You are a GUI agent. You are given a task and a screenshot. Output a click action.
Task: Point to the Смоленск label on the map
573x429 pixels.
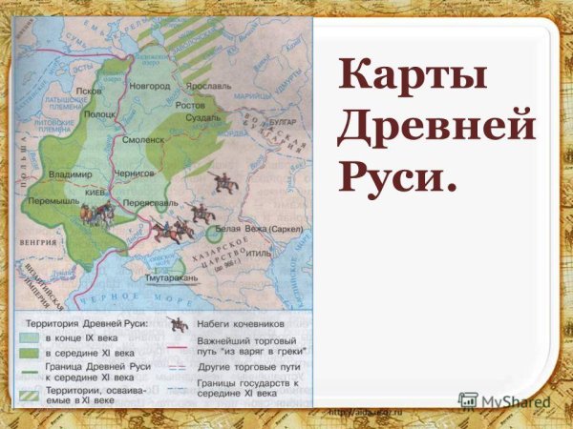[143, 139]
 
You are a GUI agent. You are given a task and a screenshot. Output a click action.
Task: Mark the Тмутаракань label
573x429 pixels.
[172, 277]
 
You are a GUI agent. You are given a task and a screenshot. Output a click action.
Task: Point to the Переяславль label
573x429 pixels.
[146, 203]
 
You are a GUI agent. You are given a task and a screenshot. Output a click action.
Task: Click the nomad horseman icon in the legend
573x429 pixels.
[176, 323]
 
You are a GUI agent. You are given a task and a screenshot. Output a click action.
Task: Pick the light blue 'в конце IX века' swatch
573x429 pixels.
[32, 338]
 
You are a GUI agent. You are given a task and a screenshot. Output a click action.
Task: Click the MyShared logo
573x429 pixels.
[504, 401]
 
